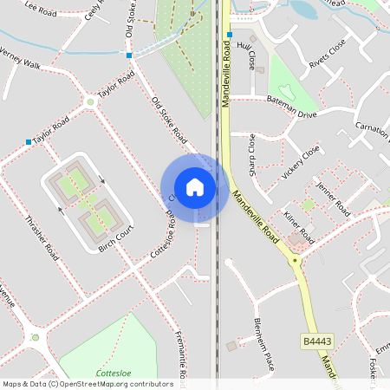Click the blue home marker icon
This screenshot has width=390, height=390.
tap(195, 186)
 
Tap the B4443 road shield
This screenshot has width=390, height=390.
tap(316, 342)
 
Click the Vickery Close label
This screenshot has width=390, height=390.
tap(301, 162)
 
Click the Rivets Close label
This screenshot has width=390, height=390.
tap(328, 53)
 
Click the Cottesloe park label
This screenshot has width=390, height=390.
tap(113, 373)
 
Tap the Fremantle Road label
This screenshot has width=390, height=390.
tap(182, 355)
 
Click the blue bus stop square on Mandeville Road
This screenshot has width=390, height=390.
tap(230, 36)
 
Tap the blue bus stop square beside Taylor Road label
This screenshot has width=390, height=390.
tap(29, 142)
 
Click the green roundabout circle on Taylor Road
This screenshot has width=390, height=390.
tap(90, 102)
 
